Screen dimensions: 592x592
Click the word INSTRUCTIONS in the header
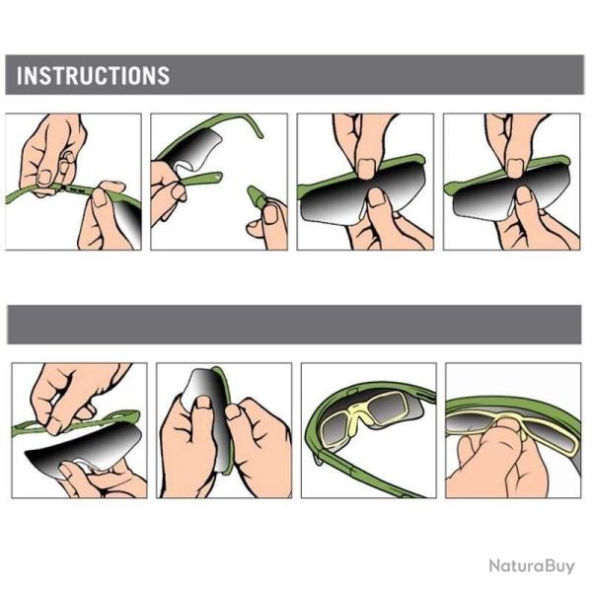click(x=93, y=75)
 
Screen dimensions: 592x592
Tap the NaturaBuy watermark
click(x=532, y=566)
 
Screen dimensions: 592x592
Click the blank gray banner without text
click(x=294, y=325)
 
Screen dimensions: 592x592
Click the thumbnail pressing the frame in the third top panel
click(x=366, y=168)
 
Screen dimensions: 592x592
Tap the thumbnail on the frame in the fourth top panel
click(x=515, y=168)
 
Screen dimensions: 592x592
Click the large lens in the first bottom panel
click(x=84, y=449)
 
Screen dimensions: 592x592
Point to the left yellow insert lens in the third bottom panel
click(x=336, y=428)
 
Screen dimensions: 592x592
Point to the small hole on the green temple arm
click(x=218, y=175)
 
